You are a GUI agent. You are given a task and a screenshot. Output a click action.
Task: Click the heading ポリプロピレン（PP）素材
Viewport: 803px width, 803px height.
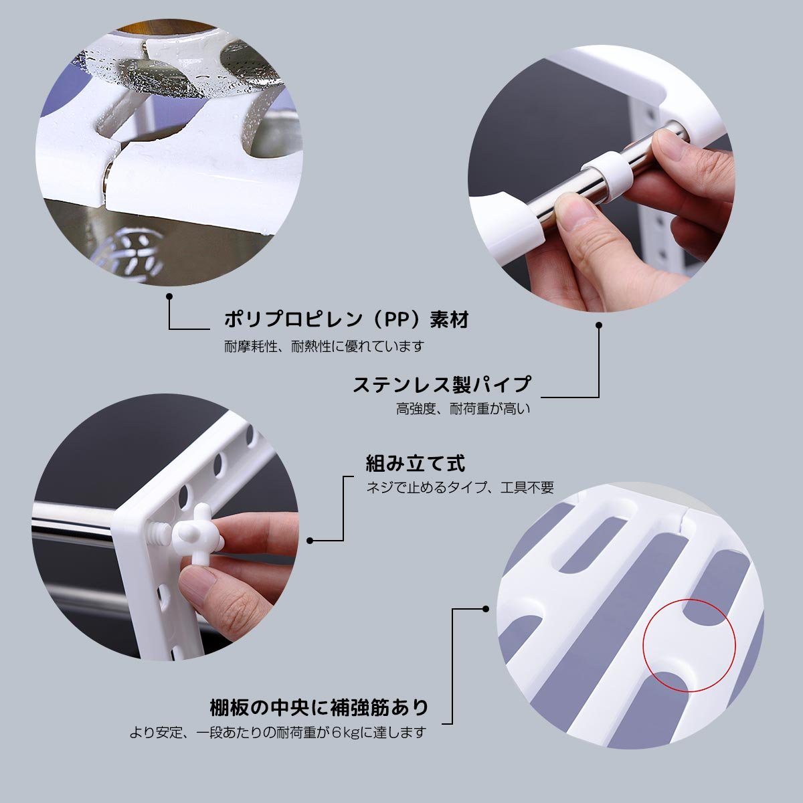pyautogui.click(x=346, y=320)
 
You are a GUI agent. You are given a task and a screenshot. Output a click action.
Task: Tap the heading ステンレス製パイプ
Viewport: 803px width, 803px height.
pyautogui.click(x=442, y=384)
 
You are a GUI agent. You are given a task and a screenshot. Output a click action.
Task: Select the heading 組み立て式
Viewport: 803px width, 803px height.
pyautogui.click(x=415, y=463)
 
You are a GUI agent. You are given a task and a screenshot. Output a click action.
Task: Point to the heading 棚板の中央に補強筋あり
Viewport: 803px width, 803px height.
pyautogui.click(x=319, y=707)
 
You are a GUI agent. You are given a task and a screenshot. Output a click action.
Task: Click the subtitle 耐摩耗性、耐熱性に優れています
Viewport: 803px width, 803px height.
pyautogui.click(x=324, y=346)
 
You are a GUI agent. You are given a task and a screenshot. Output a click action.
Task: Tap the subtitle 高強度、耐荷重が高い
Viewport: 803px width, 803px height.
pyautogui.click(x=463, y=409)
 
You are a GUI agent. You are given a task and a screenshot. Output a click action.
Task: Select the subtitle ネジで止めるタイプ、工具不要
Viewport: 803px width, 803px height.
pyautogui.click(x=460, y=487)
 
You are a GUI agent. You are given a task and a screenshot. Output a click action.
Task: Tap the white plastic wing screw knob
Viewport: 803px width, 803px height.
pyautogui.click(x=199, y=533)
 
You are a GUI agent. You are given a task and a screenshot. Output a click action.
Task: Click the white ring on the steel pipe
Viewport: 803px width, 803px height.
pyautogui.click(x=607, y=172)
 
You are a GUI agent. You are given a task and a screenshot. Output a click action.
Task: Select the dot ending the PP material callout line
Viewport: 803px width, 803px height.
pyautogui.click(x=169, y=296)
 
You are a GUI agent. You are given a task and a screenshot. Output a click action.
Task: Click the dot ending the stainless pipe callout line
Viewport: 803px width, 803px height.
pyautogui.click(x=599, y=325)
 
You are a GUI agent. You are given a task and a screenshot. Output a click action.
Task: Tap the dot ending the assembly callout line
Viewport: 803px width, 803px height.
pyautogui.click(x=310, y=541)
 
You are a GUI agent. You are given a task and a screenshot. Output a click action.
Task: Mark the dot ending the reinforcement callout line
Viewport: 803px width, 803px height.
pyautogui.click(x=485, y=609)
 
